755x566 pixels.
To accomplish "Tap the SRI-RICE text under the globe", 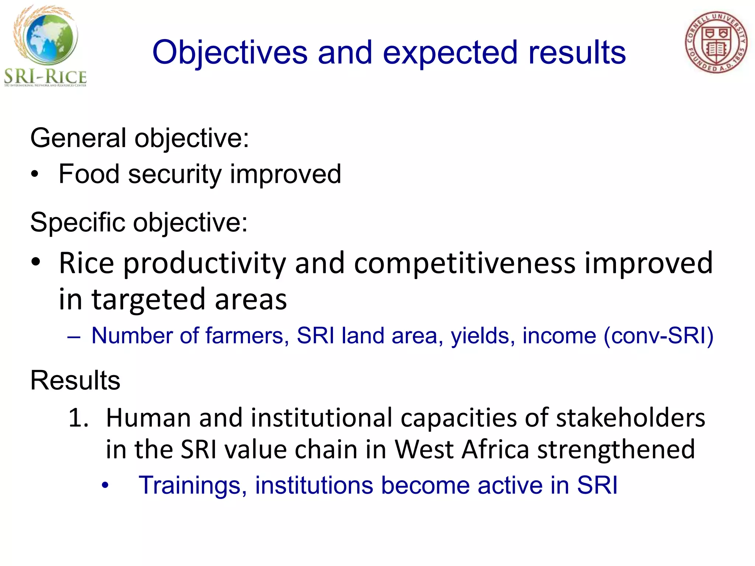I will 45,77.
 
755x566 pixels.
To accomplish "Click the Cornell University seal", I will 716,42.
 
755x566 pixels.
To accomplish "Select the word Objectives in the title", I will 230,53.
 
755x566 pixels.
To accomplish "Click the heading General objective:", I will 139,138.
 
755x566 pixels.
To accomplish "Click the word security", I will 174,174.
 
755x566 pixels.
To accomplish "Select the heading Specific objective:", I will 139,223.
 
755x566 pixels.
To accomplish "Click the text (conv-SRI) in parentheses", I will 658,336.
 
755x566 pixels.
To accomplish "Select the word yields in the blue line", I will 480,336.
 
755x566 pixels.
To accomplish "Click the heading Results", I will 75,380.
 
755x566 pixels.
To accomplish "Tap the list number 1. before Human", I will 79,418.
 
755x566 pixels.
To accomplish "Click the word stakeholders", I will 630,418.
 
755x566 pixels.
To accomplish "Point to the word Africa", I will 495,450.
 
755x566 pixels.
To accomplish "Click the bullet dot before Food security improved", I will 35,174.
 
